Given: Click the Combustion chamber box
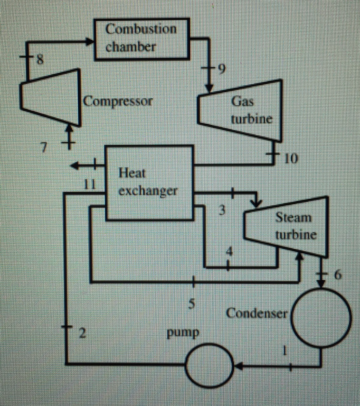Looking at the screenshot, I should coord(142,39).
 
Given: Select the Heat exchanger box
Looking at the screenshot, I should coord(149,183).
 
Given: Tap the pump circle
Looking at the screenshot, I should coord(210,365).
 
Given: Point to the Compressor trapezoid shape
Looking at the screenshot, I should coord(51,97).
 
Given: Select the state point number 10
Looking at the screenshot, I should coord(291,159).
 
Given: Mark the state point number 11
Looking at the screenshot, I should coord(91,184).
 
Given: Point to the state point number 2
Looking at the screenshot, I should coord(82,333).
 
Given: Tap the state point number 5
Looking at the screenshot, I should coord(192,303).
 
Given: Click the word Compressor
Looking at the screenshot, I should coord(118,101).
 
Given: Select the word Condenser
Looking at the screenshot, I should coord(257,313).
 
